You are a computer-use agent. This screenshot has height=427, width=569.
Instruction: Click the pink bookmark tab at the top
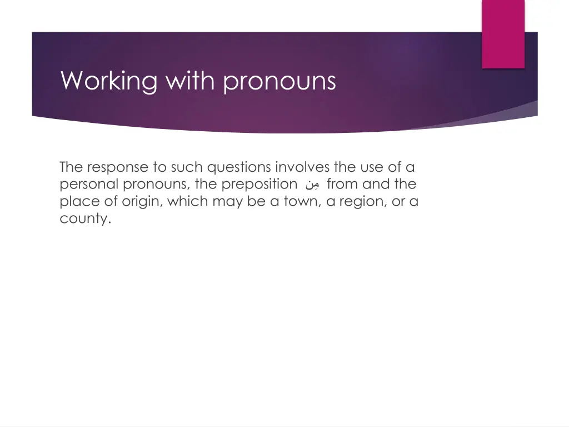pyautogui.click(x=503, y=33)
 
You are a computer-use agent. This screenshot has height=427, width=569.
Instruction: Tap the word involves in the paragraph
pyautogui.click(x=302, y=167)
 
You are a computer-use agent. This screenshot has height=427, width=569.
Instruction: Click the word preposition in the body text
pyautogui.click(x=259, y=185)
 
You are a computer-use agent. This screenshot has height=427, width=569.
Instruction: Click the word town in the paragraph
pyautogui.click(x=300, y=201)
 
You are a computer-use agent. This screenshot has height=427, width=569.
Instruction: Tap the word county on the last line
pyautogui.click(x=84, y=219)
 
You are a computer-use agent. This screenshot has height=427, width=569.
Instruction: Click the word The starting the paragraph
pyautogui.click(x=71, y=167)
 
